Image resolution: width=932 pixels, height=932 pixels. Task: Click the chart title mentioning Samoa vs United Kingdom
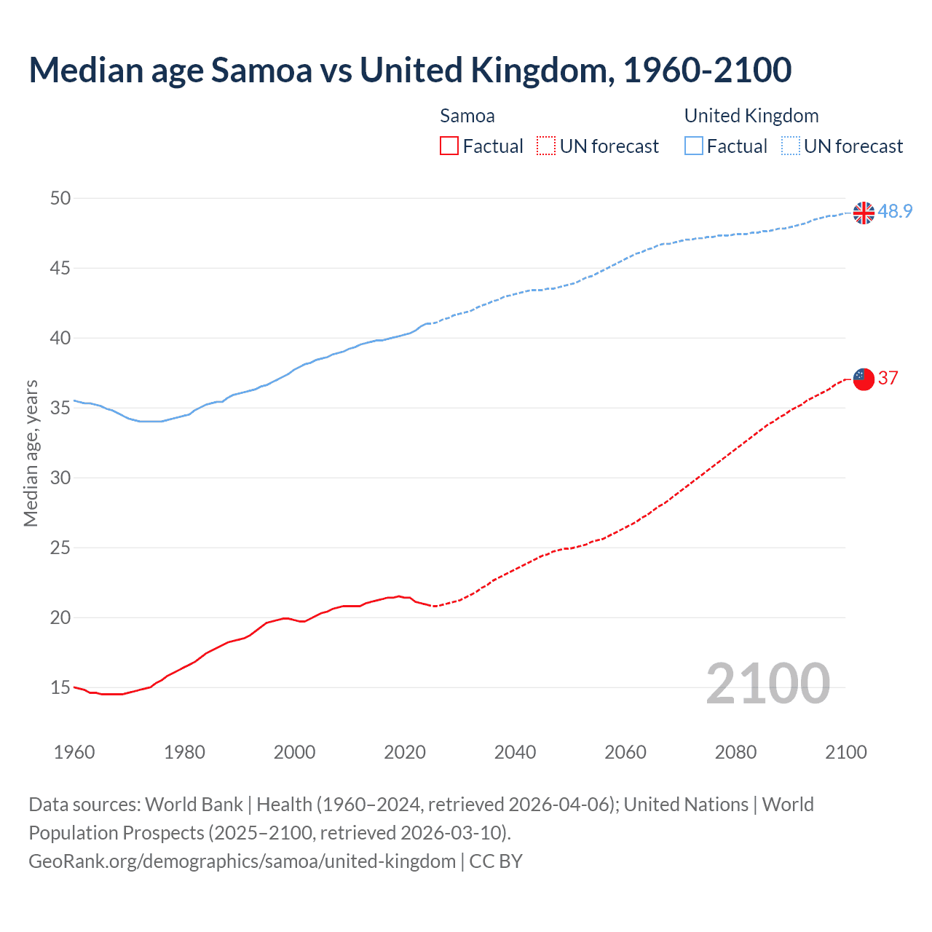point(410,70)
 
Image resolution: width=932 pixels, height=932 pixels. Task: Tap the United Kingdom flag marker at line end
point(864,213)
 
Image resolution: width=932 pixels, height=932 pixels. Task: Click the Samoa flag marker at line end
point(864,379)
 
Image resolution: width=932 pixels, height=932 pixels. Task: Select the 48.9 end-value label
point(895,211)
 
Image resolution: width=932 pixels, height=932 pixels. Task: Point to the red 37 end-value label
point(888,378)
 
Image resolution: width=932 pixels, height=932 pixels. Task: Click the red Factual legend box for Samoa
point(449,146)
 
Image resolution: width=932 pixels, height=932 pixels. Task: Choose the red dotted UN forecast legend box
point(546,146)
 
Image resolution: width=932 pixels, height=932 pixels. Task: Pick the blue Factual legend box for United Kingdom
point(694,146)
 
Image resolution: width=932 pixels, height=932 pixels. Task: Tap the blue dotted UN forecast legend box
point(790,146)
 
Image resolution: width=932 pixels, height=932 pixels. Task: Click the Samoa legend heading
point(467,116)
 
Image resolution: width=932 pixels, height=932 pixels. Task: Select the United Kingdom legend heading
point(751,116)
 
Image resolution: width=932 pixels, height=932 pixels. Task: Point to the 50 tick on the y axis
point(60,198)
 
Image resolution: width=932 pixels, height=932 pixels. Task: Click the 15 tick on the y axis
point(60,687)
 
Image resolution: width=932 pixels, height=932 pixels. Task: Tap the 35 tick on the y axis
point(60,408)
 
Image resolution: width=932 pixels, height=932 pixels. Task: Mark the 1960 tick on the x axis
point(74,752)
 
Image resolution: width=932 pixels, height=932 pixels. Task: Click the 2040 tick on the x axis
point(515,752)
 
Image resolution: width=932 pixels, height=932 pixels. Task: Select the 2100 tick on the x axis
point(845,752)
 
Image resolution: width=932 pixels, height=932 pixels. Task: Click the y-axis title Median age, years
point(31,453)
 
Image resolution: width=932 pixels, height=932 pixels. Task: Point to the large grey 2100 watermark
point(767,683)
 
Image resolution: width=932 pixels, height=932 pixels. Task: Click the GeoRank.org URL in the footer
point(242,861)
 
